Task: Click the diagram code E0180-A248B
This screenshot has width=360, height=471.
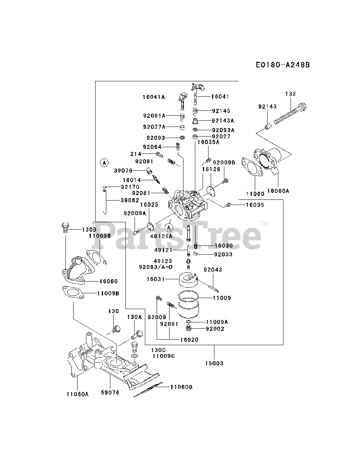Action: click(283, 65)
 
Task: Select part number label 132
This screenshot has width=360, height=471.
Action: click(290, 94)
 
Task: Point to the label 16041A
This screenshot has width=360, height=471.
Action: click(154, 97)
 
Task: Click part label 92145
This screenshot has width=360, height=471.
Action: click(221, 110)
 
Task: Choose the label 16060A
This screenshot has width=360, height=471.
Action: click(278, 191)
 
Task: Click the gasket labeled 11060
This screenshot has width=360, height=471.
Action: click(250, 166)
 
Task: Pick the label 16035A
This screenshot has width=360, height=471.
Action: click(208, 142)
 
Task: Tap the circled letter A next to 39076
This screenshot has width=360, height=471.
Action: click(104, 162)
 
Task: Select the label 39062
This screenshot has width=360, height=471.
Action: click(129, 200)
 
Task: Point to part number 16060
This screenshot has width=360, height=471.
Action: click(108, 281)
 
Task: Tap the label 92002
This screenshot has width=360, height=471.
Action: click(215, 329)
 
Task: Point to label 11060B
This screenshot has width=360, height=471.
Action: click(181, 386)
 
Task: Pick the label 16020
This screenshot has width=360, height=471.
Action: click(189, 339)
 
